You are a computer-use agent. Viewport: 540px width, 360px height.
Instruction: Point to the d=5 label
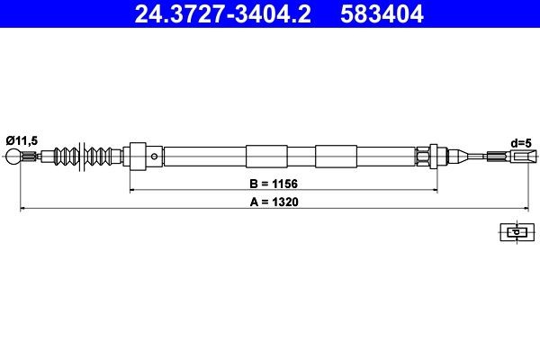(520, 141)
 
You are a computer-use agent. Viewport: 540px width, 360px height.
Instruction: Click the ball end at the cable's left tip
(15, 157)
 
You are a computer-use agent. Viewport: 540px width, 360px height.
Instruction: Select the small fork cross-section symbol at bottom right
(516, 232)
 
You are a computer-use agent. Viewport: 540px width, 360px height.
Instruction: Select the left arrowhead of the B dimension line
(134, 191)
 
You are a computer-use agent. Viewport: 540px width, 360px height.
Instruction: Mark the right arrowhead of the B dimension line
(434, 191)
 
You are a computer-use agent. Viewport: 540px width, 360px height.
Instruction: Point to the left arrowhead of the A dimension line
(24, 209)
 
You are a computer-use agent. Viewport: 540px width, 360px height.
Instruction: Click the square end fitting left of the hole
(138, 157)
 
